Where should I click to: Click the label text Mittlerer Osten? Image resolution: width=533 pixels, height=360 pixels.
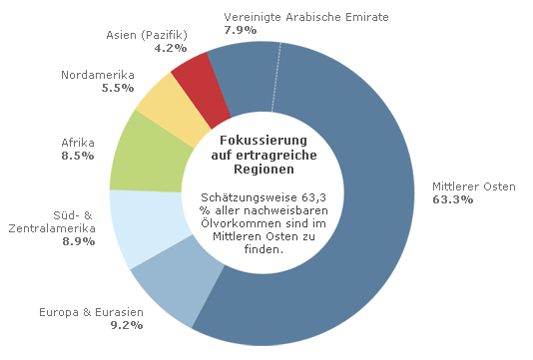pyautogui.click(x=473, y=186)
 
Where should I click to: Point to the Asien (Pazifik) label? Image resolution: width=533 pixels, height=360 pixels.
pyautogui.click(x=147, y=35)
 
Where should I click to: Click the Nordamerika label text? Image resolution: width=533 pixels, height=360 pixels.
pyautogui.click(x=98, y=75)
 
